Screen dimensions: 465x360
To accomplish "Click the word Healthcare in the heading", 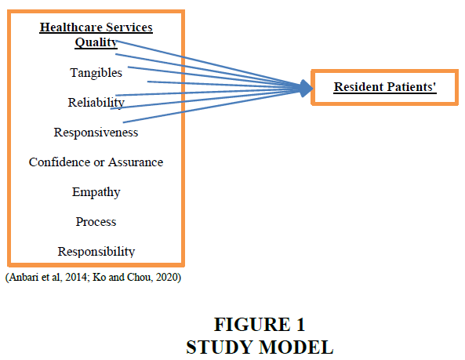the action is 71,27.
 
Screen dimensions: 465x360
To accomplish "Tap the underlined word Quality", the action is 96,42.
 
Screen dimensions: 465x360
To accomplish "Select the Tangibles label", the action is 96,73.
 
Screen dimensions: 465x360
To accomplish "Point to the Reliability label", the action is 96,103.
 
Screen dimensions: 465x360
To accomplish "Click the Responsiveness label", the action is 96,133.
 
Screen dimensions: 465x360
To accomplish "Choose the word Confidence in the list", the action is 60,162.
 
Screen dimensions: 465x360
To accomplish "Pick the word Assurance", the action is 136,162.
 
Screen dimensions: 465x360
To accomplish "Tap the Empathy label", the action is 96,192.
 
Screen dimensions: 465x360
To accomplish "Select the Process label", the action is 96,221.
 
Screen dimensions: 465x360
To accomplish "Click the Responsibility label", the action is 96,252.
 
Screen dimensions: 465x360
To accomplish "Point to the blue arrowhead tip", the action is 313,88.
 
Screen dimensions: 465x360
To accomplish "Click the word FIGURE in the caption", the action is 252,325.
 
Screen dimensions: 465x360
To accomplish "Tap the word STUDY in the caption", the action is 220,347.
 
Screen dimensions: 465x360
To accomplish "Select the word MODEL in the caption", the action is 296,347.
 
